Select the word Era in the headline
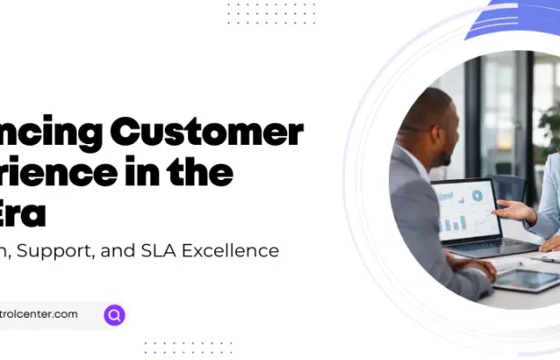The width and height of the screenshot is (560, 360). pos(24,211)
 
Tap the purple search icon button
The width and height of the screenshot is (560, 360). pos(114,315)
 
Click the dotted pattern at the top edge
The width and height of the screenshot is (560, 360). pos(271,12)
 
